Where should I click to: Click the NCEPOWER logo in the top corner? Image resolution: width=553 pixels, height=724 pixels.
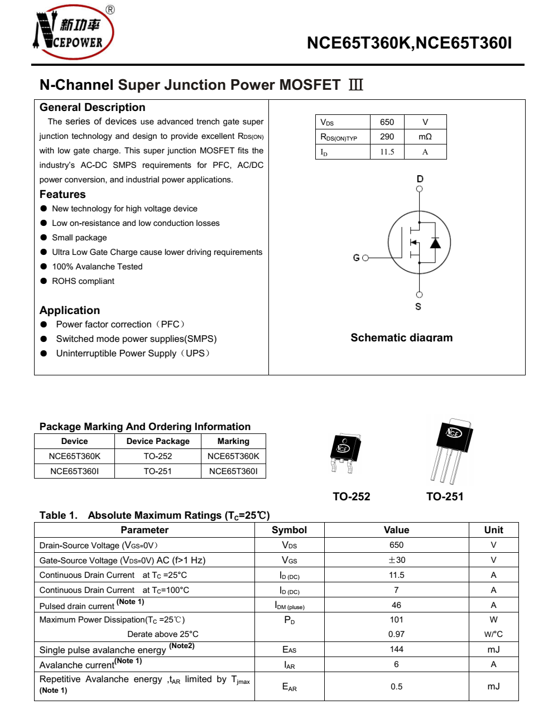click(x=74, y=32)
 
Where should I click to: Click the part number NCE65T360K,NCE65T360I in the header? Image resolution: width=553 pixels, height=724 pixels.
click(x=409, y=44)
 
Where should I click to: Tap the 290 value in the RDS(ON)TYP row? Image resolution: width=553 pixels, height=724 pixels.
click(x=387, y=137)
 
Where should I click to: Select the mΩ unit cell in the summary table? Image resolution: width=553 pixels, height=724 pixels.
click(x=425, y=137)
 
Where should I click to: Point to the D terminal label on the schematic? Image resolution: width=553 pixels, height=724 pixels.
click(x=420, y=179)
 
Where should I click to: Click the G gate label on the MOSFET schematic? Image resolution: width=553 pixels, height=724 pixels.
click(x=356, y=258)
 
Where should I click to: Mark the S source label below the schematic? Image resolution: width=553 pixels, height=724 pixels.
click(x=419, y=307)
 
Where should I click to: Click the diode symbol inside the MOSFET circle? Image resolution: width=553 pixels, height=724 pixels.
click(x=435, y=243)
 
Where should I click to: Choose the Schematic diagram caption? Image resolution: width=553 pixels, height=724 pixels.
click(x=401, y=337)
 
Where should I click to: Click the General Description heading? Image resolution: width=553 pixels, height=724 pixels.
click(x=92, y=108)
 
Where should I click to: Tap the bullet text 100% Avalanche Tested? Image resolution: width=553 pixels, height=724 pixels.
click(x=97, y=267)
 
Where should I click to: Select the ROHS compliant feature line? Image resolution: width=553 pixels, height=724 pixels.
click(x=83, y=281)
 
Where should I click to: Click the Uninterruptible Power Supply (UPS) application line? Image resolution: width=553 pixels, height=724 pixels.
click(x=133, y=353)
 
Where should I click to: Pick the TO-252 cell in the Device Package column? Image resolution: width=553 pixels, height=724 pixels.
click(x=158, y=456)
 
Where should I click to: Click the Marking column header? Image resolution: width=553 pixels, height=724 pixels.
click(x=233, y=441)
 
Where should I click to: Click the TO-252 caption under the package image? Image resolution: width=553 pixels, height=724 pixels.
click(x=351, y=496)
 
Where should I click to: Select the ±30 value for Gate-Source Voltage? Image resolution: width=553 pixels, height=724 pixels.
click(x=396, y=560)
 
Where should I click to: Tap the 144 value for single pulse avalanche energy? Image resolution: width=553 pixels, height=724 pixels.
click(x=396, y=649)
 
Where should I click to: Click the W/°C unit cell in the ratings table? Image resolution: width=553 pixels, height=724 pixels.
click(x=493, y=634)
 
